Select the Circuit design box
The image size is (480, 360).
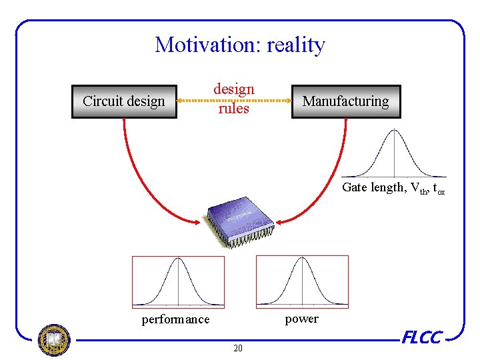coord(124,102)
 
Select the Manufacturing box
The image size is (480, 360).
coord(346,101)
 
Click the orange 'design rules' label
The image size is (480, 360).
coord(234,98)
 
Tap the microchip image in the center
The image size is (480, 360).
coord(239,220)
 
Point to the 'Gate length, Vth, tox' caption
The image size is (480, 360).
coord(393,188)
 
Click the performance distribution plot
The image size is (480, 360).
coord(178,281)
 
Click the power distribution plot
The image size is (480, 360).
coord(303,281)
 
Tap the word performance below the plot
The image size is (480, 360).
coord(175,319)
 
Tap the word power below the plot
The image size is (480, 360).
coord(302,319)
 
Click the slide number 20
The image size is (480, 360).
coord(238,348)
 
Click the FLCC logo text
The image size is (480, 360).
coord(421,338)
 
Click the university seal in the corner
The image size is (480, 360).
coord(54,340)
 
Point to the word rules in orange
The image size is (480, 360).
coord(234,108)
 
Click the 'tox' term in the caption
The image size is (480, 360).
coord(439,189)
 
